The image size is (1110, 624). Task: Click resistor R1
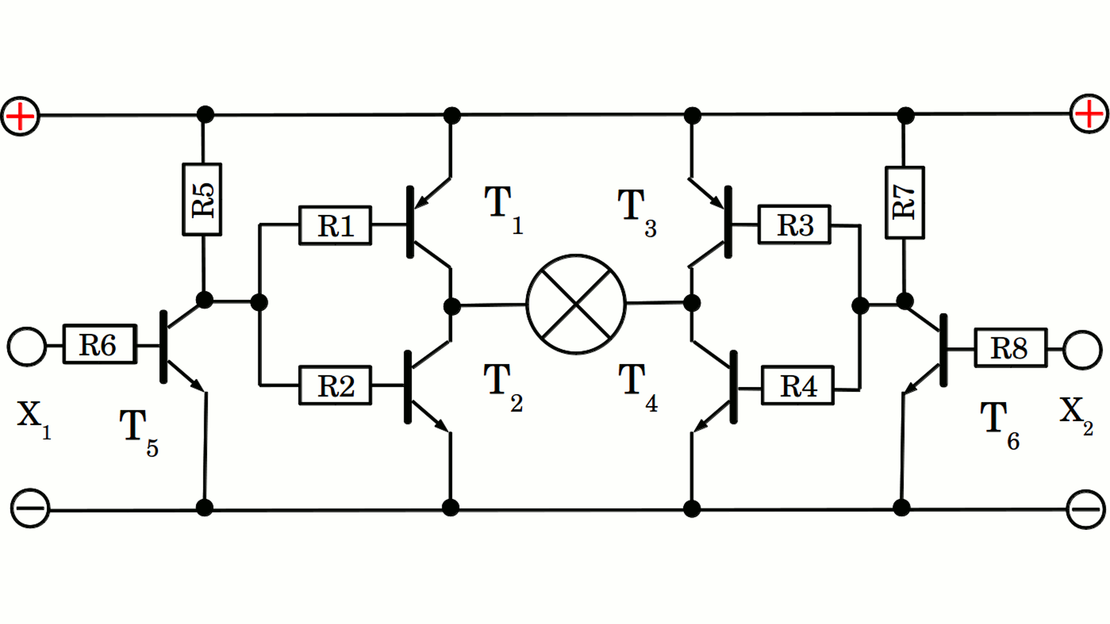pos(335,225)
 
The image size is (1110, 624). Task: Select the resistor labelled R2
pos(335,385)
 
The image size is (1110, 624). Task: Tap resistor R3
pos(794,225)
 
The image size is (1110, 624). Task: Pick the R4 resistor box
pos(797,385)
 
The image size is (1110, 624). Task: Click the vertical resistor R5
pos(202,199)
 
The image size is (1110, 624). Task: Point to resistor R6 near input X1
pos(99,344)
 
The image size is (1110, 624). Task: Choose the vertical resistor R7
pos(905,202)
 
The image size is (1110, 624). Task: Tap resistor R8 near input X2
pos(1010,348)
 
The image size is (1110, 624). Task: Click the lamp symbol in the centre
pos(576,304)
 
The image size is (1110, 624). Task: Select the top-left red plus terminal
pos(20,116)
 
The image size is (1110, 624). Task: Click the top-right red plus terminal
pos(1089,114)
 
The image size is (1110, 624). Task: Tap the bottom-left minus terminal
pos(30,508)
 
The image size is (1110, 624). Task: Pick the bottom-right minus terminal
pos(1086,509)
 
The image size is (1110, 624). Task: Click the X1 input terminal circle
pos(27,347)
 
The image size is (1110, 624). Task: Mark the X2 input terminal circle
pos(1082,350)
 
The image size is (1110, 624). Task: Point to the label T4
pos(637,386)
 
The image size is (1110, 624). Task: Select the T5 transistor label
pos(138,431)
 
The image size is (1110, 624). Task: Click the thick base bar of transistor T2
pos(408,387)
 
